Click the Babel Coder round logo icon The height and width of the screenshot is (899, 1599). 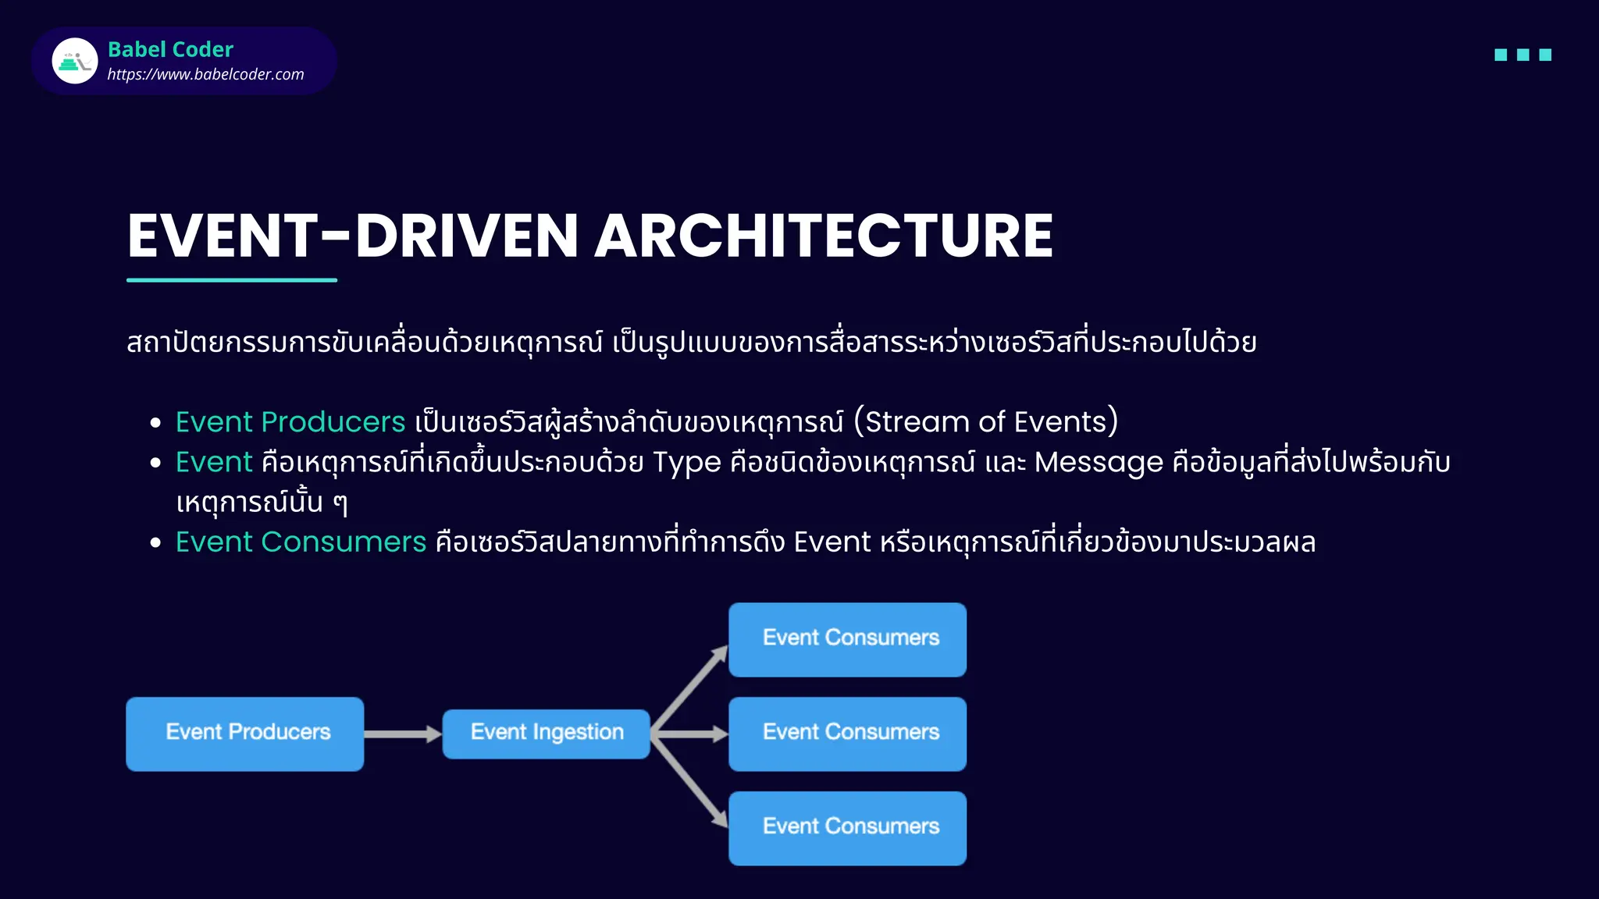75,61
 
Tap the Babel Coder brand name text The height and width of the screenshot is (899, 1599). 170,49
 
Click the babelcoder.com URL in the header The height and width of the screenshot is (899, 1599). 205,74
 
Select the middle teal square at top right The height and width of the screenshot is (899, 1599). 1522,55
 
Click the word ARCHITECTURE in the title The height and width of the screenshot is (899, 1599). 824,236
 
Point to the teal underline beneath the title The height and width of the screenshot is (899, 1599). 232,279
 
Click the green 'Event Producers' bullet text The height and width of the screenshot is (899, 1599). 290,422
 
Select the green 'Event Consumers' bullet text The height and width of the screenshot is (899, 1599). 301,542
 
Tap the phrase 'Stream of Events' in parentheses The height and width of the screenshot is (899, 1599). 985,422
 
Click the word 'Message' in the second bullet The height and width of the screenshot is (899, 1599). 1099,462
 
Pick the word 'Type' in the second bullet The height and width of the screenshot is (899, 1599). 686,462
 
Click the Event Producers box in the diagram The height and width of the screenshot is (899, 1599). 245,734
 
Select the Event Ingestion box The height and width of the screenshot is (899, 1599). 546,734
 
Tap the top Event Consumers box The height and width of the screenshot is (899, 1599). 847,639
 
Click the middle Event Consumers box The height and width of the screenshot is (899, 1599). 847,734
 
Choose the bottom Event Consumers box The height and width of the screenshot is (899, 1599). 847,828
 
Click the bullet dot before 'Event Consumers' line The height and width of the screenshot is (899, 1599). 155,542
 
